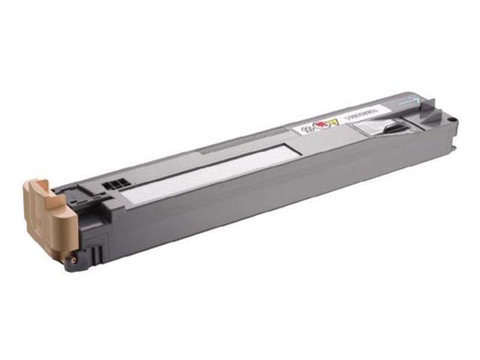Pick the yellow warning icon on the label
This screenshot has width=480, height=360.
pos(334,122)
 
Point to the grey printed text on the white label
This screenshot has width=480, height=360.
pos(368,113)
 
